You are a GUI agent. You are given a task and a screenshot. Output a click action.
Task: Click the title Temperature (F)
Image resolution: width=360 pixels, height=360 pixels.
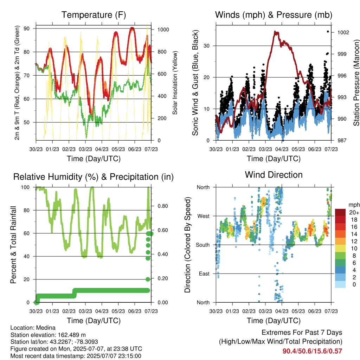click(x=94, y=15)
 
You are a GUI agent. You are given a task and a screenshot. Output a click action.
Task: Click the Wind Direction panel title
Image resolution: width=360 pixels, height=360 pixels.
click(x=274, y=175)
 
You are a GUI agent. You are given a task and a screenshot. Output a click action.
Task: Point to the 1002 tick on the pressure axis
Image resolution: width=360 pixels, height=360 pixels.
click(x=343, y=32)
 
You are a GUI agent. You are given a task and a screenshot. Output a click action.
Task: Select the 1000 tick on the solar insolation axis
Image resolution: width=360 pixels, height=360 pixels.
click(x=163, y=30)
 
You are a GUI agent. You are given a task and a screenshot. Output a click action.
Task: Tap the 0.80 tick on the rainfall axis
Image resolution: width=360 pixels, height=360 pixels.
click(x=163, y=206)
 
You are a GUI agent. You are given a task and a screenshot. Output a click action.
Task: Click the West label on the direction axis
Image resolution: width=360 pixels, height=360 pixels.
click(x=204, y=216)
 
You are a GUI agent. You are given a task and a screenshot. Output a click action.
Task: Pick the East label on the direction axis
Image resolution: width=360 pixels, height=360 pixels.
click(x=204, y=274)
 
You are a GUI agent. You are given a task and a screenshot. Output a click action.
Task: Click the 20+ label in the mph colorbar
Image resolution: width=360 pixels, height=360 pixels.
click(x=354, y=212)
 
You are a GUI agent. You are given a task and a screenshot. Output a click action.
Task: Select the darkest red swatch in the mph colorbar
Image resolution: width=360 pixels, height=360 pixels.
click(x=340, y=212)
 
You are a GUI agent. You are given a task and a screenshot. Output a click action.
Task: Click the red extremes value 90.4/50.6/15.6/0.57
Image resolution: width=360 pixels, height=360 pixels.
click(x=312, y=351)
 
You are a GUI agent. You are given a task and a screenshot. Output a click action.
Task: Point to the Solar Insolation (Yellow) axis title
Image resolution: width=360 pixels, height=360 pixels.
click(x=175, y=83)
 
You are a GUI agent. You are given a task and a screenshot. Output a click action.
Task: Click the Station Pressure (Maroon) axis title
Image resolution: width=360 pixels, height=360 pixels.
click(x=356, y=83)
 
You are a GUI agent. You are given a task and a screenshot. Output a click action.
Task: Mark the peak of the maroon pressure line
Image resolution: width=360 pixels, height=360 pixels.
click(x=275, y=31)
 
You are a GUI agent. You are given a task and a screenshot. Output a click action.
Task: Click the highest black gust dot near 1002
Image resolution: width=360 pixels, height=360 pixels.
click(x=328, y=32)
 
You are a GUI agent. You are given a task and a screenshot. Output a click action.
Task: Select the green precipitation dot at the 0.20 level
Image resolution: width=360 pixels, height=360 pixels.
click(x=148, y=279)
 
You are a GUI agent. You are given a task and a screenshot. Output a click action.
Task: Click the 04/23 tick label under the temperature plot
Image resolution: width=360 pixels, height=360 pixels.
click(x=102, y=149)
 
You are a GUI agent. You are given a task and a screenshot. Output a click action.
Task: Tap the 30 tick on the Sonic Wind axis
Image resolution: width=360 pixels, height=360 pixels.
click(x=207, y=46)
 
